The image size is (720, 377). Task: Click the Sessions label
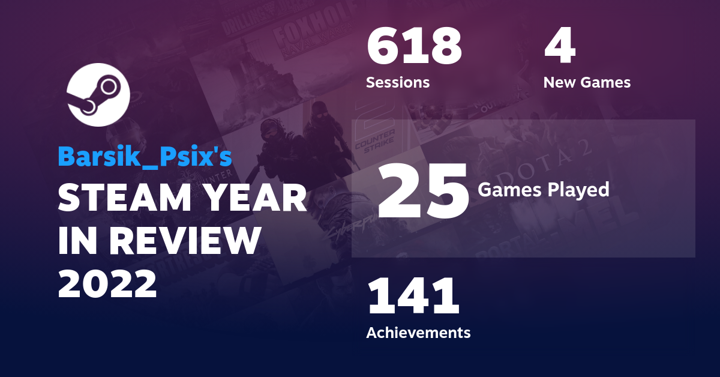pos(398,82)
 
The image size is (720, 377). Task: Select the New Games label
pos(587,82)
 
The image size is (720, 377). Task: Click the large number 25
pos(423,191)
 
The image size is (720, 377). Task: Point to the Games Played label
pos(543,190)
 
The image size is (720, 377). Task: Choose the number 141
pos(413,297)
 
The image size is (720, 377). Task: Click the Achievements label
pos(418,332)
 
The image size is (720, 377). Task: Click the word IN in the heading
pos(77,241)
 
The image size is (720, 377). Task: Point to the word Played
pos(579,190)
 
